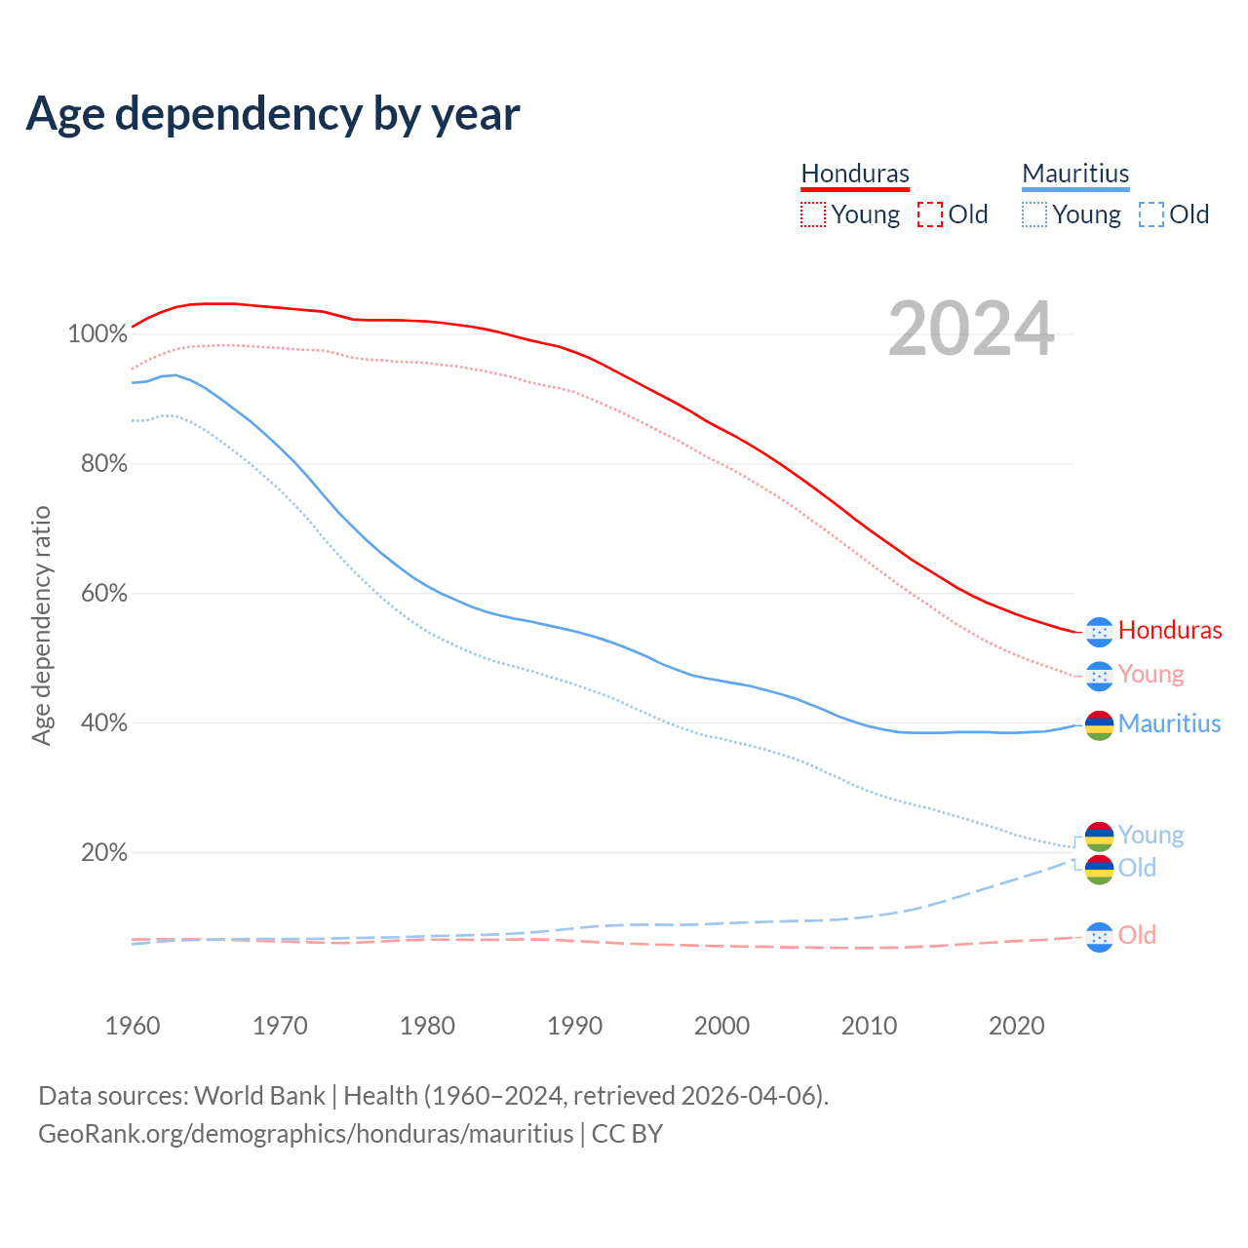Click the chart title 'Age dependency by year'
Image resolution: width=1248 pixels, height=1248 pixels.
273,113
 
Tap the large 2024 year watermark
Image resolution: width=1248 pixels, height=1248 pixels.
971,330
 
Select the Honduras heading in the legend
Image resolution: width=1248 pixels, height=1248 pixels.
855,174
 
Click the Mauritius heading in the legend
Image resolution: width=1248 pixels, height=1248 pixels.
1075,174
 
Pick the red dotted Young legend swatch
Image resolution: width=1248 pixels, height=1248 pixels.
812,214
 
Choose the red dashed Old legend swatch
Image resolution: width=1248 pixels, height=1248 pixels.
929,214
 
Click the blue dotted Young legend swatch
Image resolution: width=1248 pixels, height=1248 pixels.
1034,214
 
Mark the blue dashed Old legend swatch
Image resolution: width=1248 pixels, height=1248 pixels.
1150,214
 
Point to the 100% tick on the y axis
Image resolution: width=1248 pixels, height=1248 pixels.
97,334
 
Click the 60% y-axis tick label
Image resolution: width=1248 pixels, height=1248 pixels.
102,594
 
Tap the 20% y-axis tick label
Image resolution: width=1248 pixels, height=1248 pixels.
103,853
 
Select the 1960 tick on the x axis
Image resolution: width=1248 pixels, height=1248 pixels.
133,1026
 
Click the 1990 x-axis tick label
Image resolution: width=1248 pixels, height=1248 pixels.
574,1026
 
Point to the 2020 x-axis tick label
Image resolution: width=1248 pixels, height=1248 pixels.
1017,1026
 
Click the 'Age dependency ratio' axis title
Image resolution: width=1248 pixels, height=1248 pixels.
41,625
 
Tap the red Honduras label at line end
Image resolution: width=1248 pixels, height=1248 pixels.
1170,631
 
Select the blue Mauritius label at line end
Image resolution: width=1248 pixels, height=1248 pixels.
1169,723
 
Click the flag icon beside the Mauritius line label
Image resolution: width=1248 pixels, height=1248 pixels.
1099,725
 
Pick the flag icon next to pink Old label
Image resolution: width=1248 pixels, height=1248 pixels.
1099,937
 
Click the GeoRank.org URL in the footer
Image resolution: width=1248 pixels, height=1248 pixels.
305,1134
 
